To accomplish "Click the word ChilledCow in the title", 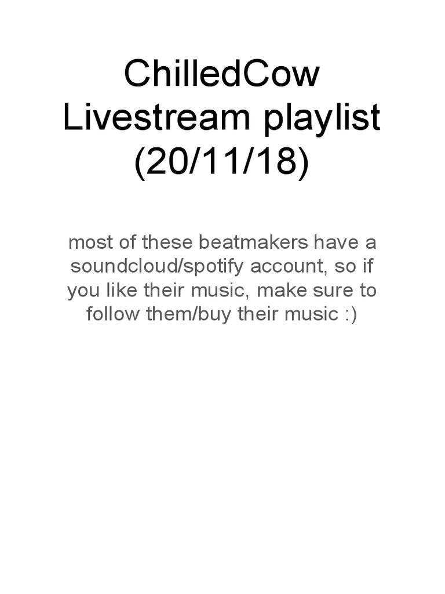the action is (222, 74).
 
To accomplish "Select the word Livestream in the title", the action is (156, 117).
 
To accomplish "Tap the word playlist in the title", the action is (322, 118).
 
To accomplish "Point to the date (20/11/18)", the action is (222, 162).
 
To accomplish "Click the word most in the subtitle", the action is (91, 242).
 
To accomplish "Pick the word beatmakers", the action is (254, 242).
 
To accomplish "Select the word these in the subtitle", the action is (167, 242).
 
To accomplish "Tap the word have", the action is (337, 242).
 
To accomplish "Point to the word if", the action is (367, 266).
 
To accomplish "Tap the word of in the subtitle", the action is (128, 241).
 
